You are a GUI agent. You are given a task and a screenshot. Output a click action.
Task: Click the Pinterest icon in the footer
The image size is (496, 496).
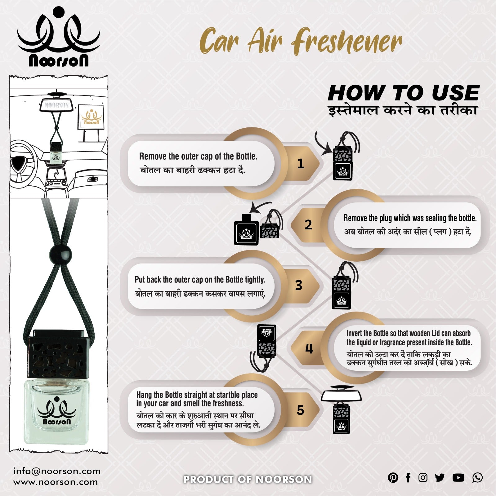click(x=393, y=478)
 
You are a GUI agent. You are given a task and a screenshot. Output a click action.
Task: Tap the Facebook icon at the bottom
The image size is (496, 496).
click(x=408, y=478)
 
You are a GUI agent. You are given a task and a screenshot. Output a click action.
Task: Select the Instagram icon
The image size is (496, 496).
click(x=423, y=478)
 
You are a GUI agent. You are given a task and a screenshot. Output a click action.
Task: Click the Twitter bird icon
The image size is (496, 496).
click(x=440, y=478)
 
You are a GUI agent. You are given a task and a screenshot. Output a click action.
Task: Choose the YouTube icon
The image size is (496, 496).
click(x=458, y=478)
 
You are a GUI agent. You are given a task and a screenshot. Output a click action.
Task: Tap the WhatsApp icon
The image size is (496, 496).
click(x=477, y=478)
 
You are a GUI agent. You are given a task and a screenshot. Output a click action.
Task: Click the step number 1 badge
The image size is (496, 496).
click(x=301, y=163)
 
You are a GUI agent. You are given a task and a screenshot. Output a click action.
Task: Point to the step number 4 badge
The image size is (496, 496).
click(x=309, y=349)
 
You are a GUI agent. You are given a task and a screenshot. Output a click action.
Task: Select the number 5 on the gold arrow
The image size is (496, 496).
click(x=300, y=410)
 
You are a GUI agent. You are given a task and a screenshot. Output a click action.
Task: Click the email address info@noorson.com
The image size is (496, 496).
click(x=57, y=472)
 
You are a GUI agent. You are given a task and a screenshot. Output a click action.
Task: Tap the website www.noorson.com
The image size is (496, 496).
click(x=55, y=482)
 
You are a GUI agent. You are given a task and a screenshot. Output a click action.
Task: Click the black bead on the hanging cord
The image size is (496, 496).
click(x=60, y=255)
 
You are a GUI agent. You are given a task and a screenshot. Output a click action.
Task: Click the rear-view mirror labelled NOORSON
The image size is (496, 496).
click(x=56, y=105)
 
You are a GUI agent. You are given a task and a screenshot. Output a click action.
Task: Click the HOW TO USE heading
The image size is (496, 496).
click(x=403, y=93)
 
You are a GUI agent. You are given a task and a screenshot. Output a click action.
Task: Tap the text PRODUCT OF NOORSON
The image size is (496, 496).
click(x=248, y=480)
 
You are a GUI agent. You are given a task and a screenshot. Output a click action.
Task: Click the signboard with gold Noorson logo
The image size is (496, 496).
click(x=90, y=117)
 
